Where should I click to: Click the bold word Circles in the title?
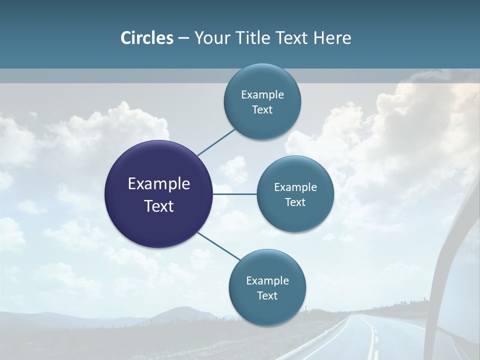tap(147, 38)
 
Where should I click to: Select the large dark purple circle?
tap(159, 194)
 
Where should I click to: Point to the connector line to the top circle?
tap(216, 142)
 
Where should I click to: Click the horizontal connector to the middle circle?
tap(235, 193)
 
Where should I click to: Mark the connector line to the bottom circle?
tap(219, 246)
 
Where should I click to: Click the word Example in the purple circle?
tap(159, 183)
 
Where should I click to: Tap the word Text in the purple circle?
tap(159, 206)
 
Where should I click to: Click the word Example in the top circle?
tap(262, 94)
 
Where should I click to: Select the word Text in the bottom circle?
tap(267, 295)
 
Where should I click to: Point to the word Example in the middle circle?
tap(295, 187)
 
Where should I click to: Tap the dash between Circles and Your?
tap(183, 38)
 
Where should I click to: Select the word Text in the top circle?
tap(262, 109)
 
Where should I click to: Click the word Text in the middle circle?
tap(295, 202)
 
